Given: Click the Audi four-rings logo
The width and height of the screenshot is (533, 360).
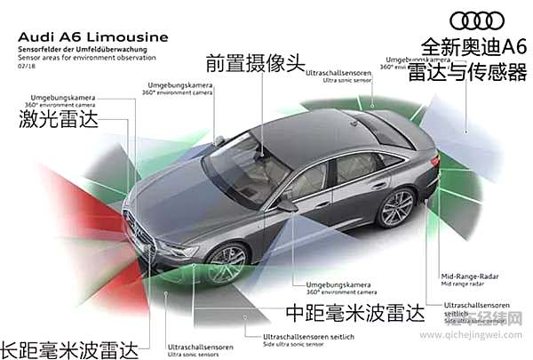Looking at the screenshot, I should point(477,20).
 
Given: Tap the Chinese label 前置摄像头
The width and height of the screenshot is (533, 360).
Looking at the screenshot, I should point(247,63).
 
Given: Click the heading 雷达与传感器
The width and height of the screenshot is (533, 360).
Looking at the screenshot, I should point(465,73).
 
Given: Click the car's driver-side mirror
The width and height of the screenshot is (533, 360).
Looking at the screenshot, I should point(287,204).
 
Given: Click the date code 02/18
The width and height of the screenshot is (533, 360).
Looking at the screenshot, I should point(25,65).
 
